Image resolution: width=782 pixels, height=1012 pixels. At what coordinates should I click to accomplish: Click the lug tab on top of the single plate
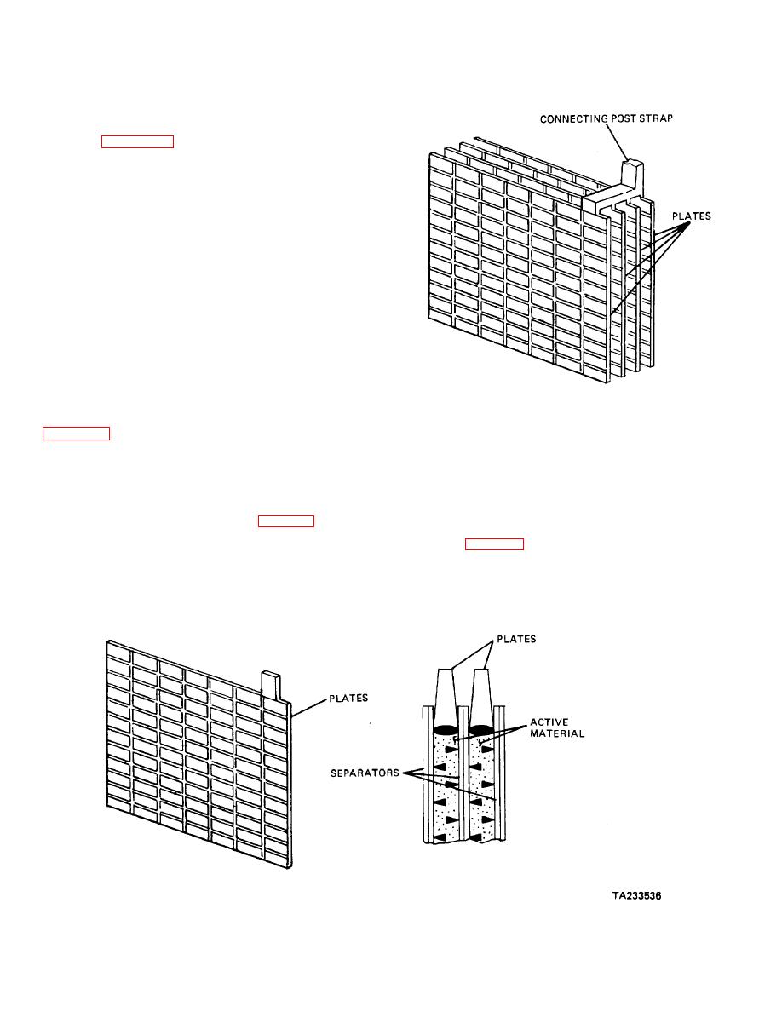(270, 684)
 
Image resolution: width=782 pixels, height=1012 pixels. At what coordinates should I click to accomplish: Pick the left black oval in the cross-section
(445, 729)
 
